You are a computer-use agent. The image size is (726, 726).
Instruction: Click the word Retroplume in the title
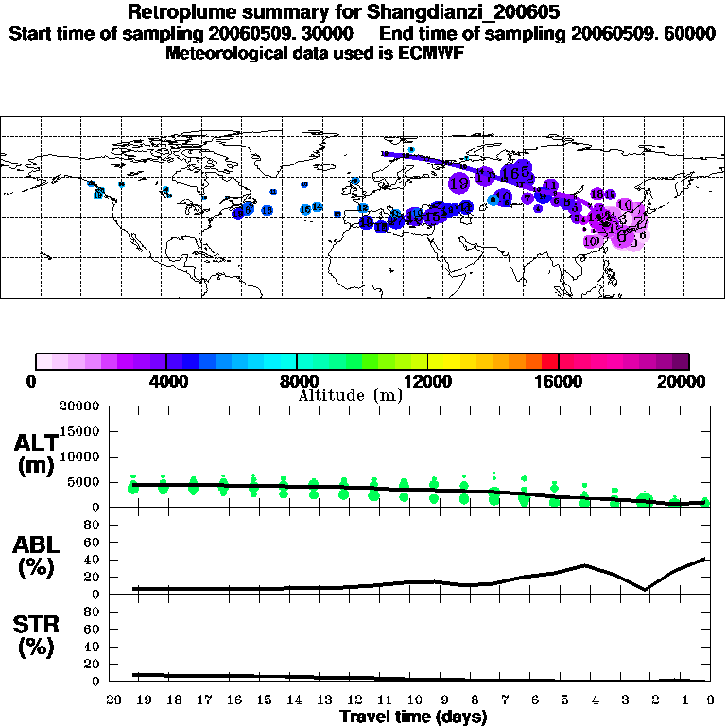pyautogui.click(x=176, y=13)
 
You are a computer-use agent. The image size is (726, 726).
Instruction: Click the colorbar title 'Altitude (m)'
pyautogui.click(x=350, y=395)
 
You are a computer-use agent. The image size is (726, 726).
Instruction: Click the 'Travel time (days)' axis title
pyautogui.click(x=413, y=717)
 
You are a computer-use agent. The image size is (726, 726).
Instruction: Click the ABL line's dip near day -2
pyautogui.click(x=646, y=590)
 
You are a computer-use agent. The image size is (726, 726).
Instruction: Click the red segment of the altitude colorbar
pyautogui.click(x=549, y=360)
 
